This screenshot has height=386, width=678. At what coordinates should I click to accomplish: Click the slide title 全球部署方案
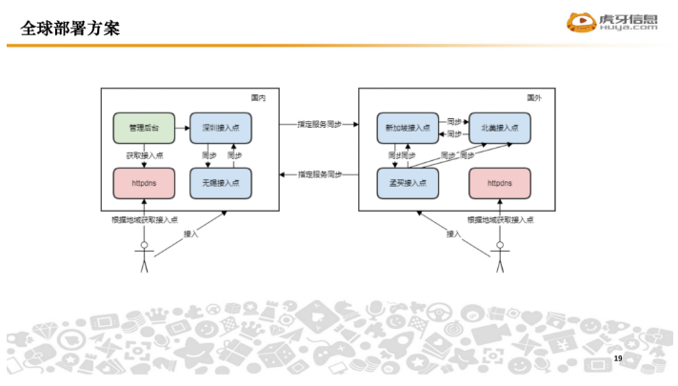pyautogui.click(x=70, y=29)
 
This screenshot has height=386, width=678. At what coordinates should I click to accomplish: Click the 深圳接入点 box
pyautogui.click(x=221, y=127)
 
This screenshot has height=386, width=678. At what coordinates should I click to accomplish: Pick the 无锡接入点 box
pyautogui.click(x=221, y=182)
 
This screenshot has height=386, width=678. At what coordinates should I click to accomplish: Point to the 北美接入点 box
pyautogui.click(x=499, y=127)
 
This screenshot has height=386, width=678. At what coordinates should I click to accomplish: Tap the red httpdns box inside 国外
pyautogui.click(x=499, y=182)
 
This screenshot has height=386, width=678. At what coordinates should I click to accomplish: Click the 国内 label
pyautogui.click(x=258, y=97)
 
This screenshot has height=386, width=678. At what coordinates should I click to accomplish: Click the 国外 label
pyautogui.click(x=534, y=97)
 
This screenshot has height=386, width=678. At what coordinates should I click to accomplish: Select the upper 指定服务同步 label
pyautogui.click(x=316, y=124)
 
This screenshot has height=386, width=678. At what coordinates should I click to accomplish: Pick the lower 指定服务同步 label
pyautogui.click(x=316, y=174)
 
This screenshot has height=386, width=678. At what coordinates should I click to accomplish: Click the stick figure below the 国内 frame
pyautogui.click(x=145, y=257)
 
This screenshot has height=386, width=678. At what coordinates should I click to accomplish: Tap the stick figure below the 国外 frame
pyautogui.click(x=496, y=257)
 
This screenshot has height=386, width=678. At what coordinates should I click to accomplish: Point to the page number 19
pyautogui.click(x=617, y=357)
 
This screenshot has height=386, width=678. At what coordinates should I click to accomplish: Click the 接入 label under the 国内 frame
pyautogui.click(x=190, y=234)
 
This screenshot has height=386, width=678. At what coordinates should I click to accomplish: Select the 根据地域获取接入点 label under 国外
pyautogui.click(x=500, y=220)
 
